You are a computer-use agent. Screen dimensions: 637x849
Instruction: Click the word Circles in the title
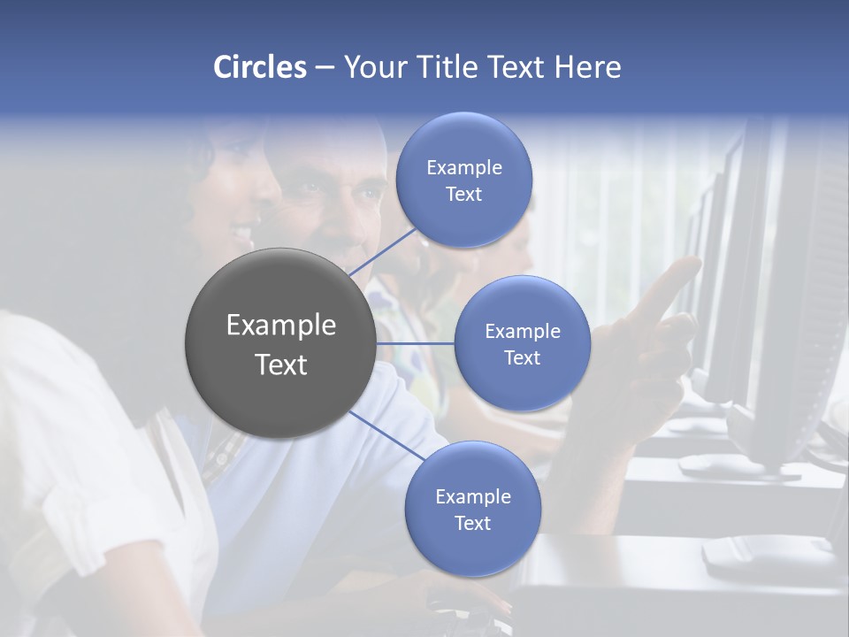point(259,67)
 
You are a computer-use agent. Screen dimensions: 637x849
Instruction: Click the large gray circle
point(280,343)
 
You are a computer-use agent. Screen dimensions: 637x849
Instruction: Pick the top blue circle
point(464,180)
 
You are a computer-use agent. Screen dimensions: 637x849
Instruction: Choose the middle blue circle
point(522,343)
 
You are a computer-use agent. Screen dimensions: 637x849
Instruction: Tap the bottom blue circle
point(472,509)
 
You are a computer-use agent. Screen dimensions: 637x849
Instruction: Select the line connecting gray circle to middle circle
point(416,343)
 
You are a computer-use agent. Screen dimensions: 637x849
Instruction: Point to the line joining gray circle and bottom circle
point(386,436)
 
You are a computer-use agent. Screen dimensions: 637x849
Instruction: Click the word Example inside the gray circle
point(281,326)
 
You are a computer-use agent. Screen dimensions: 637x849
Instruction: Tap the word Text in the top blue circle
point(464,194)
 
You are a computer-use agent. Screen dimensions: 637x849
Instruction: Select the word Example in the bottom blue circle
point(472,496)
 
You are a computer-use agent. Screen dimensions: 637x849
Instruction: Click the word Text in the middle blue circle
point(522,357)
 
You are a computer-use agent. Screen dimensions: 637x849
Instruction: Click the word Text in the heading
point(514,67)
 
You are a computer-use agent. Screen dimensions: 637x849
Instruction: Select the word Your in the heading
point(372,67)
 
